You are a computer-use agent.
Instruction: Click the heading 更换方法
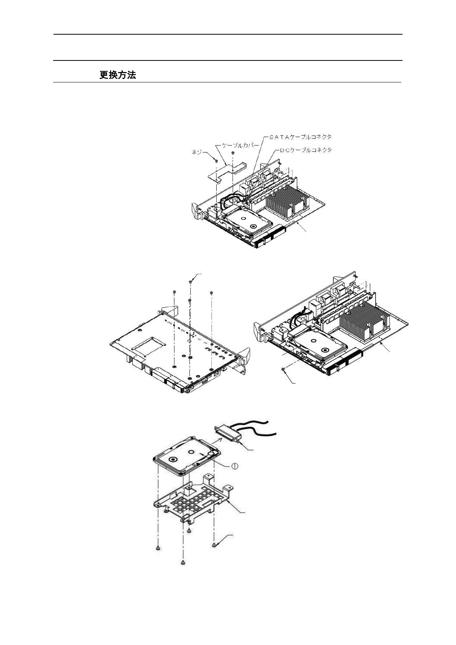(x=117, y=75)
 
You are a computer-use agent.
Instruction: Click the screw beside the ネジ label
(x=216, y=159)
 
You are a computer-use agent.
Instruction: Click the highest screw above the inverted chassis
(x=191, y=282)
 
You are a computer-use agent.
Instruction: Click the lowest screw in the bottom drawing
(x=183, y=563)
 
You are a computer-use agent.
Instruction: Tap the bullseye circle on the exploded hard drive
(x=172, y=459)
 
